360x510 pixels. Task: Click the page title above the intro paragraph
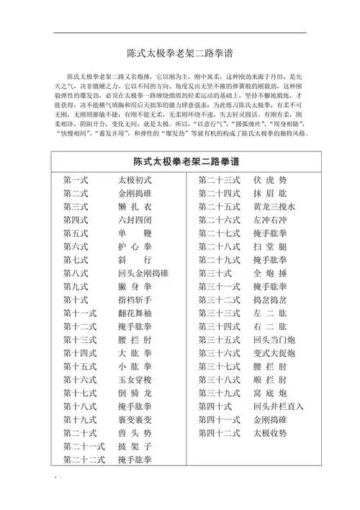click(179, 53)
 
